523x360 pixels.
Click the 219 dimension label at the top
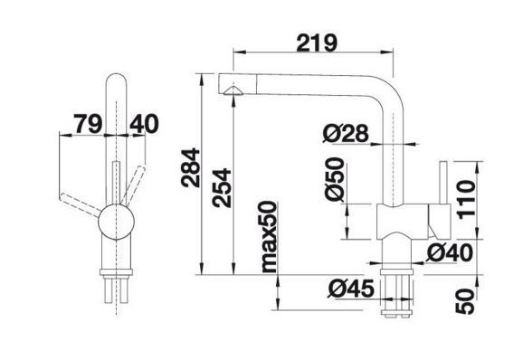coord(317,43)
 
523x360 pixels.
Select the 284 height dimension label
coord(190,167)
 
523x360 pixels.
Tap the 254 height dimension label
coord(222,188)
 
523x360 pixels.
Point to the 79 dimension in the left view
coord(88,123)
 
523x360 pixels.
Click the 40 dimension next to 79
coord(144,123)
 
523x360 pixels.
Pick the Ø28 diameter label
coord(346,133)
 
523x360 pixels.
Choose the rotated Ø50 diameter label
coord(335,180)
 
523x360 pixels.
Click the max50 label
coord(269,237)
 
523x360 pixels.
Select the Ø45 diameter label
coord(351,289)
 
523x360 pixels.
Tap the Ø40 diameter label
coord(450,252)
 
